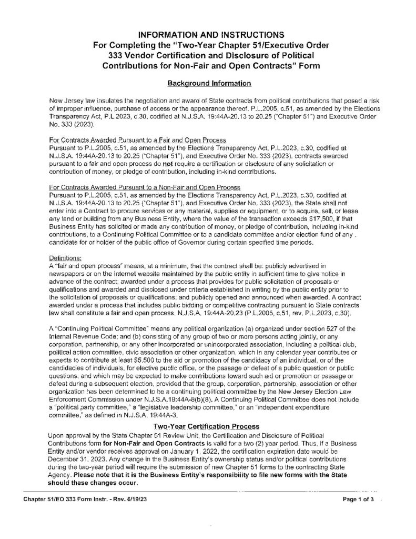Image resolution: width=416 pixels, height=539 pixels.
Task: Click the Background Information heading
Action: pos(208,83)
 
